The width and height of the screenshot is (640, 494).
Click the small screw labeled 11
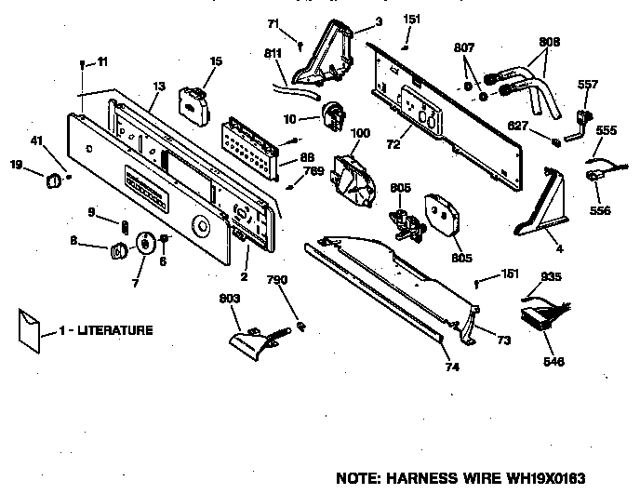(83, 64)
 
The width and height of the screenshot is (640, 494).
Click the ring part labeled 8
(120, 250)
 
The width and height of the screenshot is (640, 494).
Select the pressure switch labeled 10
(330, 116)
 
